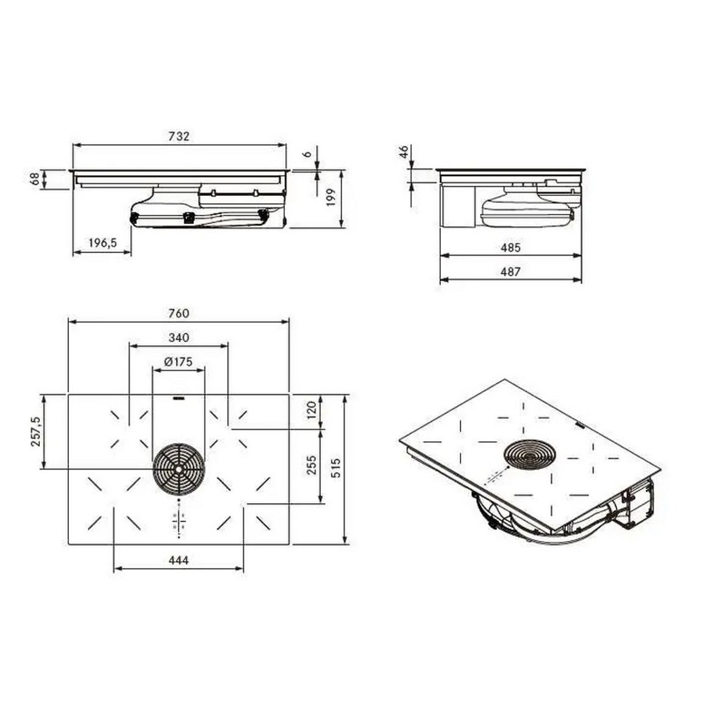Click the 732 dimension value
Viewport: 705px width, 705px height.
(x=179, y=136)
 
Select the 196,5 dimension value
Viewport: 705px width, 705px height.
(x=102, y=243)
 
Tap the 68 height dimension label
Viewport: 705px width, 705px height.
(x=35, y=179)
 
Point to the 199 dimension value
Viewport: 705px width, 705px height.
(x=331, y=198)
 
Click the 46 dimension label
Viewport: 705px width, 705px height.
(x=404, y=151)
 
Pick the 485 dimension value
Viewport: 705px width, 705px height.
(x=510, y=247)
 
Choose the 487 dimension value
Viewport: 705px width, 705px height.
(x=510, y=271)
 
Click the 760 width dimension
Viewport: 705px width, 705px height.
(x=179, y=313)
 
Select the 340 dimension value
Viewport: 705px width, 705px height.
(x=179, y=337)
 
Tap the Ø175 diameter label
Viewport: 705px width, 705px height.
(x=179, y=362)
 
